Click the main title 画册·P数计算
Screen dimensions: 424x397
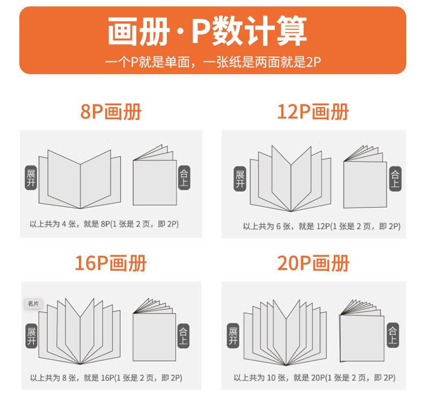[x=207, y=31]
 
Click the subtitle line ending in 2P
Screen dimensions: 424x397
[x=213, y=62]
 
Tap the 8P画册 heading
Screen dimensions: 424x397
[x=111, y=112]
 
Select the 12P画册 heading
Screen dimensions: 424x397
[x=313, y=112]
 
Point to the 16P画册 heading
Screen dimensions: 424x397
[x=111, y=263]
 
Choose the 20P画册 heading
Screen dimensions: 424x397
[x=313, y=263]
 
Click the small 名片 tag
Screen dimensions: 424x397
[x=33, y=304]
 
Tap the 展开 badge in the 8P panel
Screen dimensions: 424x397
[x=31, y=178]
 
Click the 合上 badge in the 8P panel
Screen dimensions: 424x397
[x=184, y=177]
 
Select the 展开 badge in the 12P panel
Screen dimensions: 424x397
[x=240, y=179]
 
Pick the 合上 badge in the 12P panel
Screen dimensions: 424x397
[x=395, y=179]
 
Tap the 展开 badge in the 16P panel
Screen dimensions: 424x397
[x=31, y=336]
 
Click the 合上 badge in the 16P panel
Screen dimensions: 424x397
[x=183, y=336]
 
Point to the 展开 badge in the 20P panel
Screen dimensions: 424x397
[x=233, y=336]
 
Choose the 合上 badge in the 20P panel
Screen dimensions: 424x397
[x=393, y=335]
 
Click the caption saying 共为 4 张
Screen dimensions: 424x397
[x=104, y=224]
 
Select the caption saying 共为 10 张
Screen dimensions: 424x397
[x=315, y=378]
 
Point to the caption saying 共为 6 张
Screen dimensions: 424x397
[x=322, y=226]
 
